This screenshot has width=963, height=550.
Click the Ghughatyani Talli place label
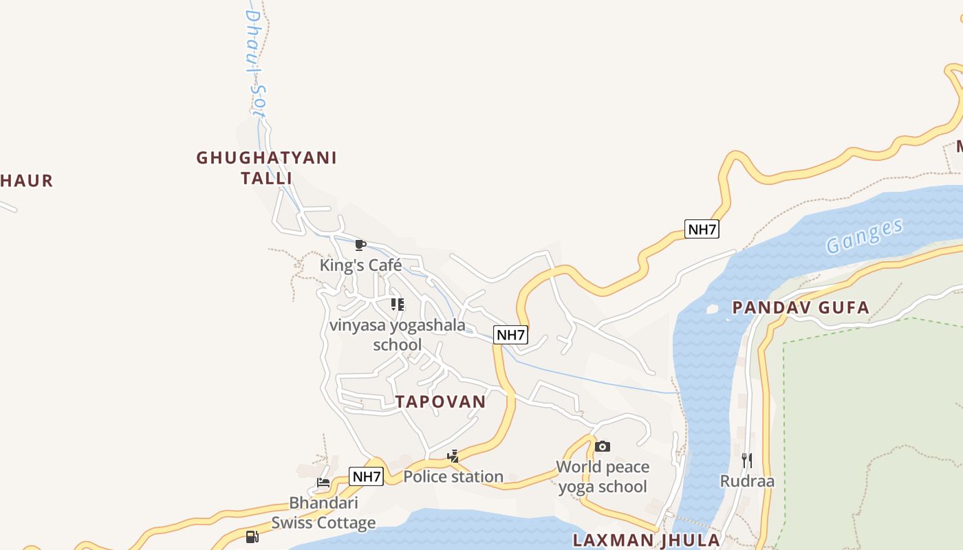tap(266, 168)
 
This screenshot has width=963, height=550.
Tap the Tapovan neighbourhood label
tap(440, 401)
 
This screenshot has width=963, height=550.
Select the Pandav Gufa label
tap(801, 307)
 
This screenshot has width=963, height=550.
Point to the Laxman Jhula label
tap(646, 540)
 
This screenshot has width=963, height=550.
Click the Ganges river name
tap(864, 236)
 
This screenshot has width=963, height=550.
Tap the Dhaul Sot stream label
tap(255, 62)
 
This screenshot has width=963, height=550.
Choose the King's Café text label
tap(360, 265)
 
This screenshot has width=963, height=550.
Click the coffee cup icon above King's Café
tap(360, 245)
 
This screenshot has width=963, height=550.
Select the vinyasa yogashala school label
tap(398, 334)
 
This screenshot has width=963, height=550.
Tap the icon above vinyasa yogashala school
tap(398, 304)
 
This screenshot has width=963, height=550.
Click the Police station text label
tap(453, 476)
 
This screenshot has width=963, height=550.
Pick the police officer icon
tap(453, 456)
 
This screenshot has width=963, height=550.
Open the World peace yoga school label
tap(603, 476)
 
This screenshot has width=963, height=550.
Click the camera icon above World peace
tap(603, 447)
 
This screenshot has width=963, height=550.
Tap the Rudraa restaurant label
tap(747, 481)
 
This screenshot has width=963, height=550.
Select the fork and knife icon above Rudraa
tap(747, 460)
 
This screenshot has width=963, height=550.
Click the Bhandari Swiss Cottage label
tap(323, 512)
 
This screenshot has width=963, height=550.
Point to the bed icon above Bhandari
tap(323, 482)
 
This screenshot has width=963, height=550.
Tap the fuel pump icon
tap(252, 536)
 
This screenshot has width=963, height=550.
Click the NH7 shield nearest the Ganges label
tap(702, 229)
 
